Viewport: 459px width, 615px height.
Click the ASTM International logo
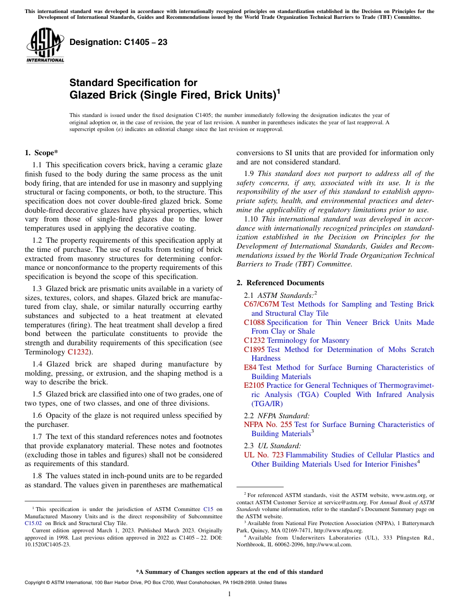45,46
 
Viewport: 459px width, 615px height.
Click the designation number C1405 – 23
118,42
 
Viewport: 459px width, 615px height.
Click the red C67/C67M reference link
261,304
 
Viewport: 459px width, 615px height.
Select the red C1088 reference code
254,322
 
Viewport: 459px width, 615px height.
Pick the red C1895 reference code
254,350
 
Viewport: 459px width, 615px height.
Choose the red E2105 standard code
254,386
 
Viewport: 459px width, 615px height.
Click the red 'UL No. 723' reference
264,455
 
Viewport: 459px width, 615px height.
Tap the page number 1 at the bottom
229,594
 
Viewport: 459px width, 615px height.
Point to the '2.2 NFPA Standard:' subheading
277,415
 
